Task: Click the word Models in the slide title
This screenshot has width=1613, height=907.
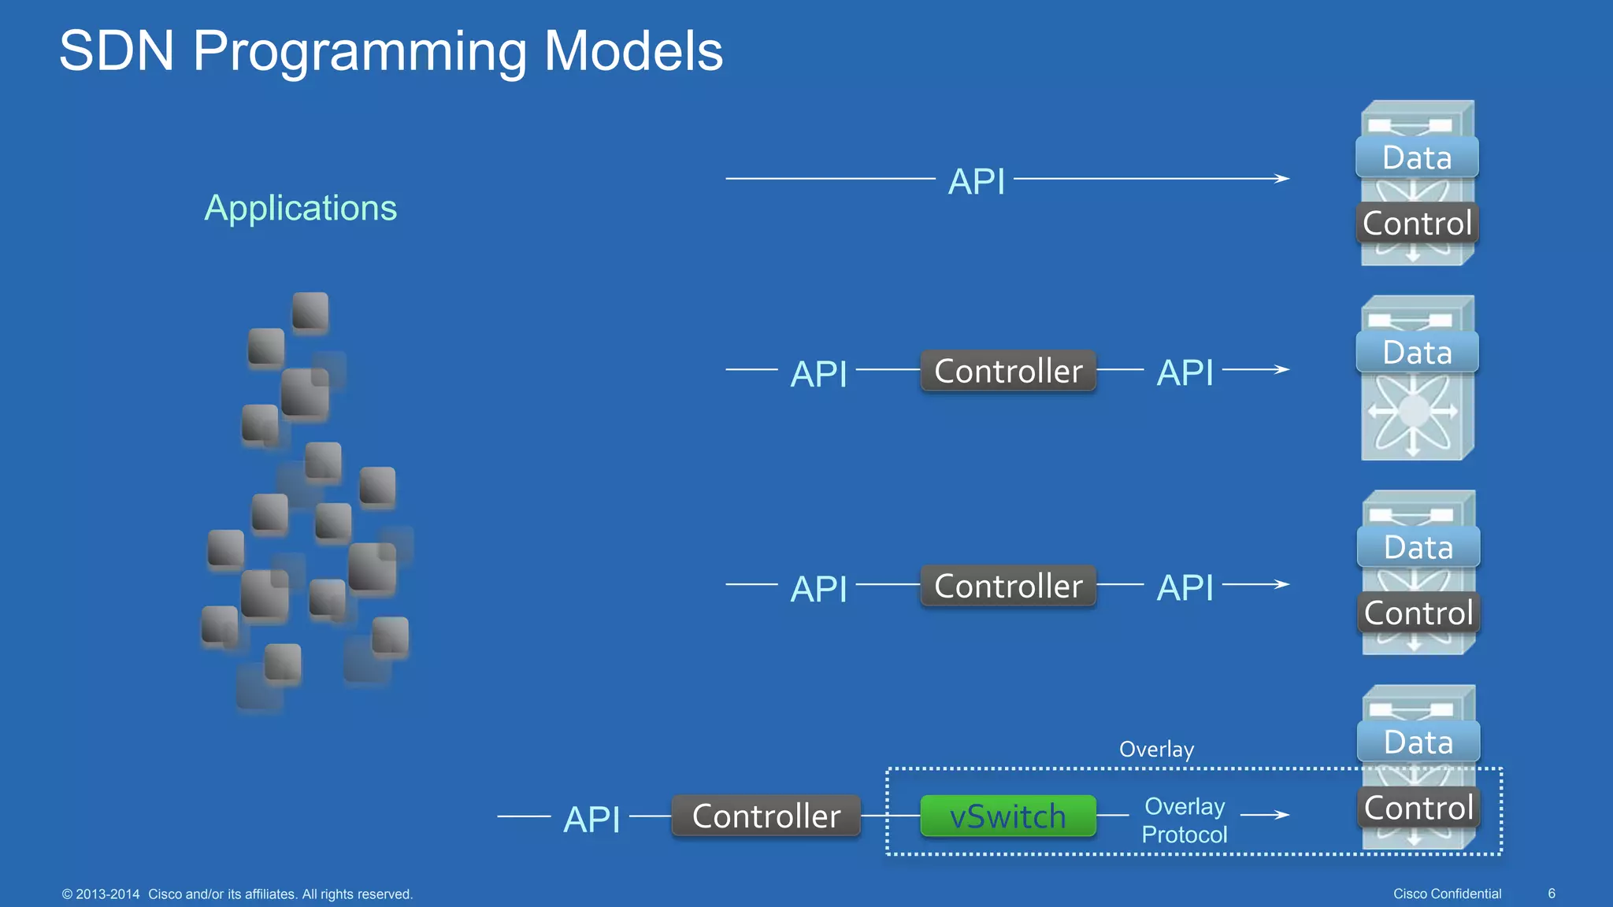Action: click(633, 51)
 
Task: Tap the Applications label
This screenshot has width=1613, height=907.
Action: click(300, 209)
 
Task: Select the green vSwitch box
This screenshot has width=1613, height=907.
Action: click(1007, 816)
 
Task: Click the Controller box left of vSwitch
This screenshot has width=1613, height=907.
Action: click(766, 816)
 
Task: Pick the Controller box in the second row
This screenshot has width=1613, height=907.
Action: click(1007, 371)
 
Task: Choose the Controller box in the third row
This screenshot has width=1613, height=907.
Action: click(1007, 586)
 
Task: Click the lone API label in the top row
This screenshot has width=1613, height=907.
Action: click(976, 182)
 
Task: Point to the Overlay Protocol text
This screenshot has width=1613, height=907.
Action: click(1184, 820)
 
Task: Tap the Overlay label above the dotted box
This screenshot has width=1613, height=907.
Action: click(1156, 749)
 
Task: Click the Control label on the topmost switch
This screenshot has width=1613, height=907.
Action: click(1417, 224)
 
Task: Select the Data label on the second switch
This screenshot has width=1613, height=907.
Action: click(1417, 353)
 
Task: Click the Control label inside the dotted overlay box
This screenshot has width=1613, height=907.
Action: click(1418, 808)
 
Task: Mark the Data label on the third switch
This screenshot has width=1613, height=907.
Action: click(1418, 547)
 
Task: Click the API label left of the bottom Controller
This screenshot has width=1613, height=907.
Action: click(591, 820)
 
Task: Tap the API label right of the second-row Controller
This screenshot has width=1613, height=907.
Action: click(1185, 372)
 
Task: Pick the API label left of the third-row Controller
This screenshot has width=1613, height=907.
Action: click(818, 589)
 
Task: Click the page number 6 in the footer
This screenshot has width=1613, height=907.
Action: click(1551, 894)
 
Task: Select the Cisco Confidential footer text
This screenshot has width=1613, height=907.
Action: click(1447, 894)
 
